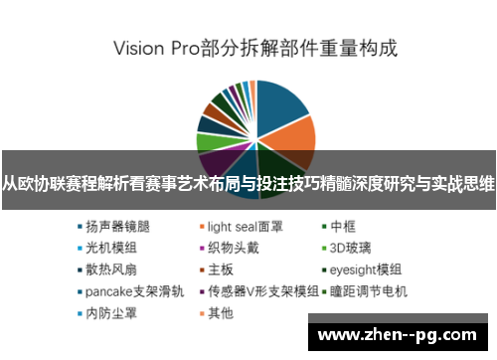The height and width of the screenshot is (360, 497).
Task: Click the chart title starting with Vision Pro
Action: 254,47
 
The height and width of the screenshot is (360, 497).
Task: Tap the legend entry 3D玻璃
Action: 352,248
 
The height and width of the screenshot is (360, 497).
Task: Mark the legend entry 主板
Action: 221,270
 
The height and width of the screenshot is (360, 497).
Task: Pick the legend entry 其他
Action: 221,313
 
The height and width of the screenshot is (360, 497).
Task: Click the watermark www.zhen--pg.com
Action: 398,332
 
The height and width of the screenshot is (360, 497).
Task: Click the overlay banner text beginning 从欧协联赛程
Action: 248,183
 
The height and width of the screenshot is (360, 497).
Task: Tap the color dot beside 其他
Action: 202,313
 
